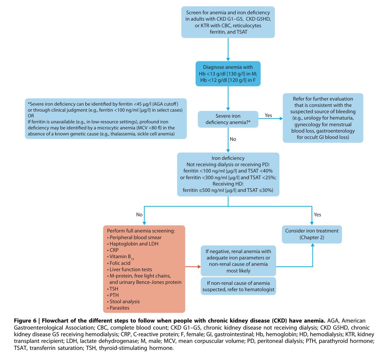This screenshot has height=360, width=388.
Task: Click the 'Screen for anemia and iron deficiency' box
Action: click(228, 22)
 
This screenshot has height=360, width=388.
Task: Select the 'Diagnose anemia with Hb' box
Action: click(228, 73)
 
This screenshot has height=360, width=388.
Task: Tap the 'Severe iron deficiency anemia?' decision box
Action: click(228, 119)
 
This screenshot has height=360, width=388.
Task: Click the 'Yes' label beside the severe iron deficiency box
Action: click(268, 115)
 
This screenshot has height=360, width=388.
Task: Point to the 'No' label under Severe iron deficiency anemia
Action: click(233, 139)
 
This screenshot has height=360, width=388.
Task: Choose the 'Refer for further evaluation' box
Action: click(323, 118)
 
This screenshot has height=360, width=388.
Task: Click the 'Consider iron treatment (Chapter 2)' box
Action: click(312, 234)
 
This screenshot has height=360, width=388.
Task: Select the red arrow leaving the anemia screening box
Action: click(193, 267)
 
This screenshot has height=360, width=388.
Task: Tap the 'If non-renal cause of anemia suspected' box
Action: click(238, 286)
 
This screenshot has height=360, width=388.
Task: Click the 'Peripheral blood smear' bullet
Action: click(135, 237)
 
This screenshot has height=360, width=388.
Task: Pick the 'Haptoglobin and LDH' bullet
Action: click(134, 244)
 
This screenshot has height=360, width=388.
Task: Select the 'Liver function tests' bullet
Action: click(131, 269)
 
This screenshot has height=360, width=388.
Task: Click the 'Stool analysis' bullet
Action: click(124, 301)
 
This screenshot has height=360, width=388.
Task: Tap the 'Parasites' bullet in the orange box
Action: click(119, 308)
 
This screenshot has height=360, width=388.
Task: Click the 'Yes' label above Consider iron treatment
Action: click(317, 214)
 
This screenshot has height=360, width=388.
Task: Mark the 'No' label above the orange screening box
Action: click(139, 214)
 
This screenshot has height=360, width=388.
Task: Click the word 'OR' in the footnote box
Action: click(31, 116)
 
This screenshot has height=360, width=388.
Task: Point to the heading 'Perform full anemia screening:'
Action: click(141, 231)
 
